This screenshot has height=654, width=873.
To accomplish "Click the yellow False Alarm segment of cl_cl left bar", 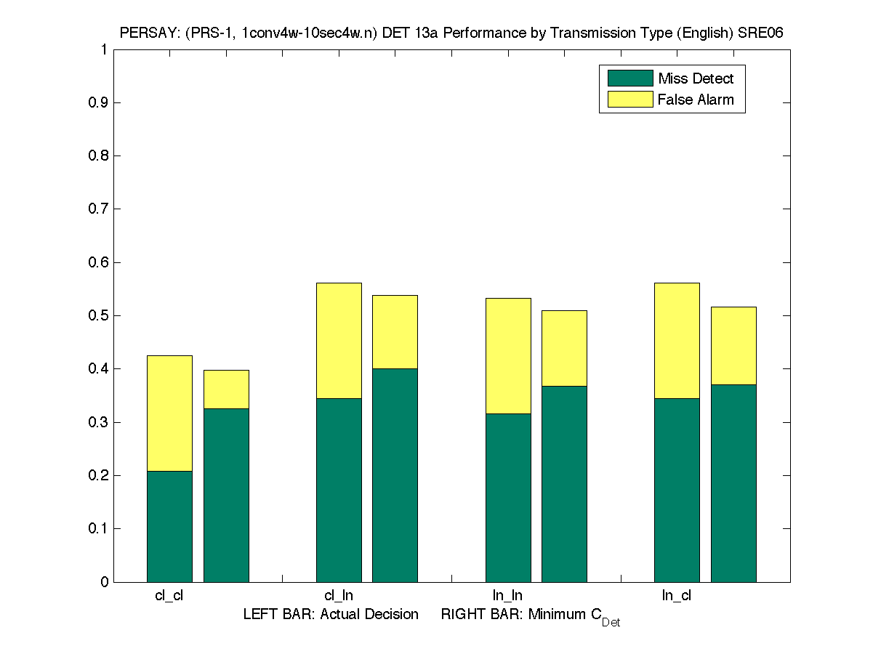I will (x=169, y=413).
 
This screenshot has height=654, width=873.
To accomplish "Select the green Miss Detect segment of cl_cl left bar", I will (x=169, y=526).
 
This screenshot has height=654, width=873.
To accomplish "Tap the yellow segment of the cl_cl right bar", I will (x=226, y=389).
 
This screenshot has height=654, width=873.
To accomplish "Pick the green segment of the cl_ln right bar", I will (x=395, y=475).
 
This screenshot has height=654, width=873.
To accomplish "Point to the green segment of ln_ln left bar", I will (x=508, y=497).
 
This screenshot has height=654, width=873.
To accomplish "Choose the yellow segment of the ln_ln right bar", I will (x=564, y=348).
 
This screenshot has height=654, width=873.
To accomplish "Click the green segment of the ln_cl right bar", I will (x=733, y=483).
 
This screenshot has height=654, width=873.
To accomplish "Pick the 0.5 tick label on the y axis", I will (x=99, y=315).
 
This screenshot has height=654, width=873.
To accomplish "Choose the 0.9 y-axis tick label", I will (x=99, y=102).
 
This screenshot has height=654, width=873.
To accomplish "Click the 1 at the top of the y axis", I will (x=105, y=49).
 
